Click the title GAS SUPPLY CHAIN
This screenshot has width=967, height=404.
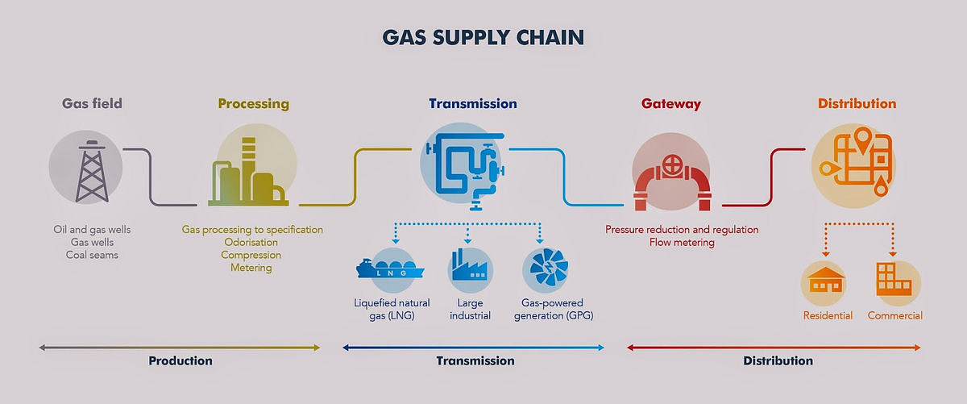(483, 37)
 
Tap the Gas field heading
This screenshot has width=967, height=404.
(92, 104)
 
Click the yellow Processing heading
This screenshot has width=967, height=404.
(253, 104)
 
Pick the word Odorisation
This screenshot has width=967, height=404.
(252, 242)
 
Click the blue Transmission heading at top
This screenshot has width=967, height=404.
(473, 104)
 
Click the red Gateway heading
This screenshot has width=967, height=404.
(671, 104)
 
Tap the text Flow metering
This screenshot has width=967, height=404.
(682, 242)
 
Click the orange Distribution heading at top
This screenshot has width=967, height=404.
(857, 104)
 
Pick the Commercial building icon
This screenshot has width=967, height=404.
(894, 281)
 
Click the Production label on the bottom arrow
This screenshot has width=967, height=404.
(181, 360)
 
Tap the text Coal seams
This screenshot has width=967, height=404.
(91, 255)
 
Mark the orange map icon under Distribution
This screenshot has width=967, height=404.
(855, 164)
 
